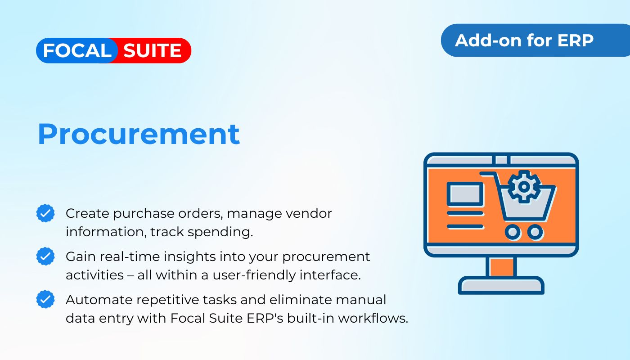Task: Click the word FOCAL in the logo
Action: click(77, 50)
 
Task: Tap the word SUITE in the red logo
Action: click(152, 50)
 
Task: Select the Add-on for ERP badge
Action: click(535, 40)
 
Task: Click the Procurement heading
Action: click(139, 134)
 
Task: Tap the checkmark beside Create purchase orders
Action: click(45, 213)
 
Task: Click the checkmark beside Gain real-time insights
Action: click(45, 256)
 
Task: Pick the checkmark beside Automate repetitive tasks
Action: click(45, 299)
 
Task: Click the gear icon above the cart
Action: click(524, 186)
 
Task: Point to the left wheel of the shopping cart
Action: click(513, 232)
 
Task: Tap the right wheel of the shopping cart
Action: click(535, 232)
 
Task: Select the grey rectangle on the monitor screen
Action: click(465, 194)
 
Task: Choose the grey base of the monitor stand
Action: click(501, 285)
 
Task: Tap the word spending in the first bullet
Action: click(220, 232)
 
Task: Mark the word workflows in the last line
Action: click(373, 319)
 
